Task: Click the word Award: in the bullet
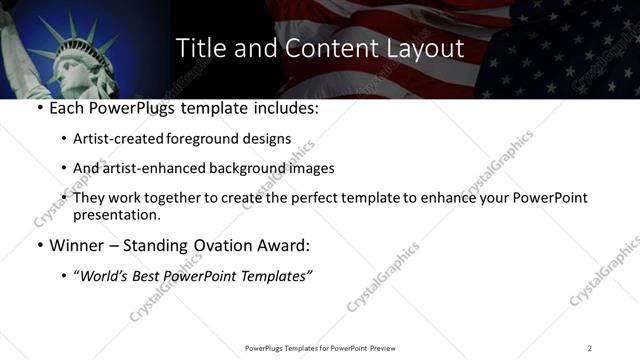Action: pos(286,245)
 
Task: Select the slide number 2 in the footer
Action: pos(590,348)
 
